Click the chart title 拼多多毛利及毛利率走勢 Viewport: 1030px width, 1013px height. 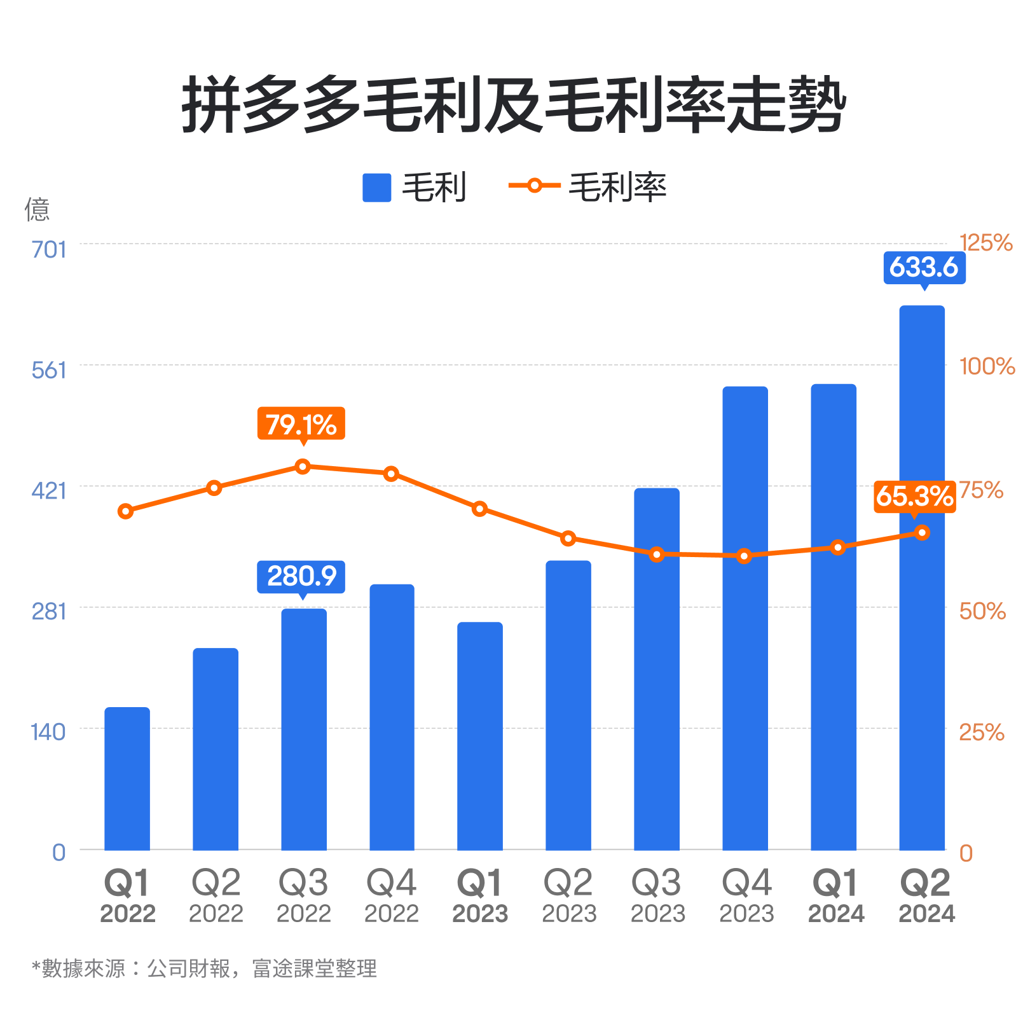tap(514, 105)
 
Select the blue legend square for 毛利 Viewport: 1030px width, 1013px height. tap(376, 188)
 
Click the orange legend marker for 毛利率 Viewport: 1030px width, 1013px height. tap(534, 186)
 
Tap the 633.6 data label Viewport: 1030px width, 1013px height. tap(924, 267)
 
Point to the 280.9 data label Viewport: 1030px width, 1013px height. tap(301, 576)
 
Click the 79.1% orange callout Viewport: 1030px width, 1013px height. tap(301, 424)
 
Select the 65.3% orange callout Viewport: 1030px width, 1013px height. tap(914, 496)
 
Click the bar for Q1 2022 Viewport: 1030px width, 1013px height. tap(127, 779)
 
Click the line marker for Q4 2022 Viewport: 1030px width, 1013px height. tap(392, 474)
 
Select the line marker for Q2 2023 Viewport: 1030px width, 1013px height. tap(568, 539)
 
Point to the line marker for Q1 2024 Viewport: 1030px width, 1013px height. tap(838, 548)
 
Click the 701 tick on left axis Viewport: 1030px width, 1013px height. tap(49, 249)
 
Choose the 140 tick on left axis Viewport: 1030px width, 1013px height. tap(48, 732)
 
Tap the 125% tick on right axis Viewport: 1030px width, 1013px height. tap(985, 243)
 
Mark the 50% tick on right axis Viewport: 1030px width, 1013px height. tap(982, 611)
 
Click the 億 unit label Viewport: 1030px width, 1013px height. tap(37, 209)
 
